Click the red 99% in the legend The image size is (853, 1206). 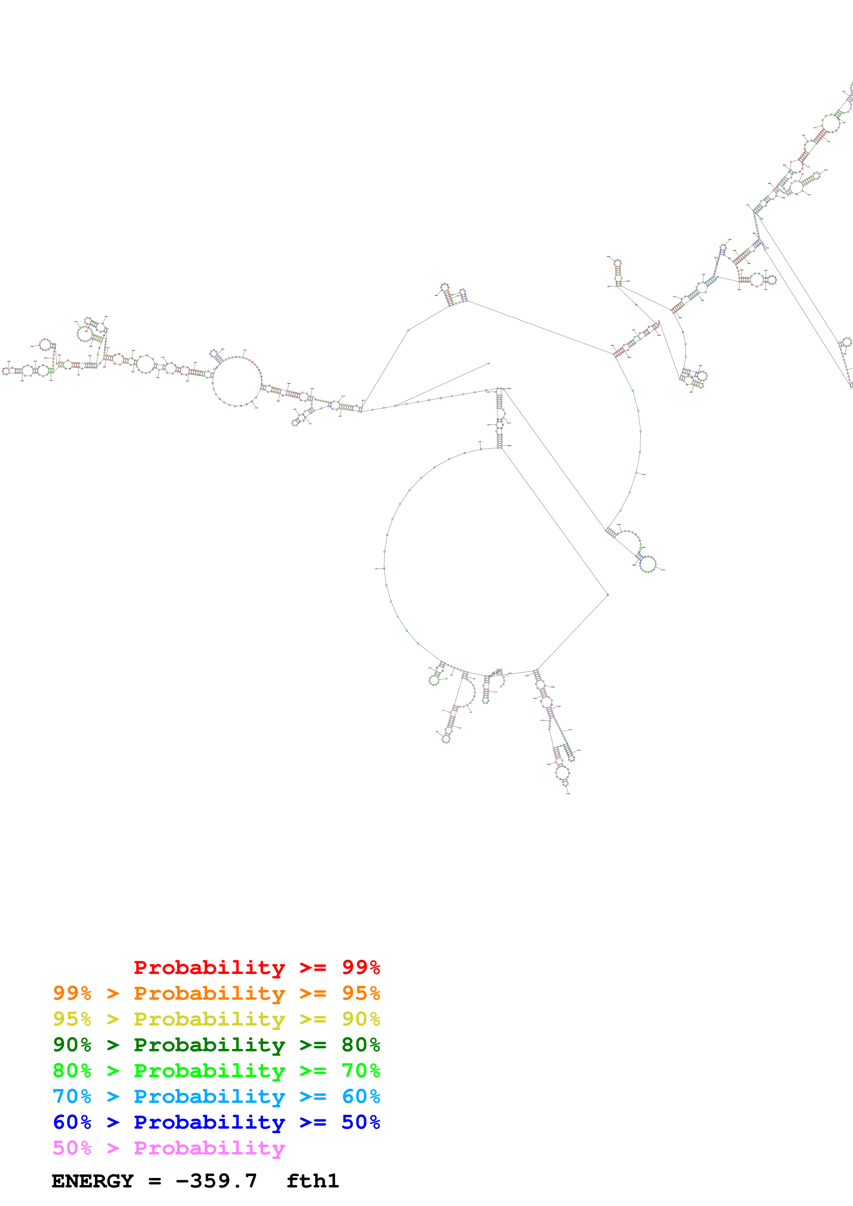coord(361,967)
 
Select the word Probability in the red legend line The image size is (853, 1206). coord(209,967)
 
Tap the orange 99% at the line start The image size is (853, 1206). coord(72,993)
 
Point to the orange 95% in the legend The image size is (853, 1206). coord(361,993)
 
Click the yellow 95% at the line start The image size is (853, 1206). coord(72,1019)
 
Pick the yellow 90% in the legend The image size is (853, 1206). coord(361,1019)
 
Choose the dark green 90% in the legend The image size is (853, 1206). coord(72,1045)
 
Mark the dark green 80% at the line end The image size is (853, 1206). coord(361,1045)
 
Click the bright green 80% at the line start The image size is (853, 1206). coord(72,1071)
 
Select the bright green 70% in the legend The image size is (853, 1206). coord(361,1071)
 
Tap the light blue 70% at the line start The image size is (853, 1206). coord(72,1096)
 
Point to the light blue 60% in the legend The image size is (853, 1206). coord(361,1096)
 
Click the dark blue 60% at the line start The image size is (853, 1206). coord(72,1122)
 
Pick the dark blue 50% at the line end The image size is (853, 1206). coord(361,1122)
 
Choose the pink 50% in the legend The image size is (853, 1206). coord(72,1148)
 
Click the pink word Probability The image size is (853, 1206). coord(209,1148)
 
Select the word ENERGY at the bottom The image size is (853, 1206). coord(93,1181)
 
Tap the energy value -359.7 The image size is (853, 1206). coord(216,1181)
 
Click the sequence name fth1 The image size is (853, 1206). coord(313,1181)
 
